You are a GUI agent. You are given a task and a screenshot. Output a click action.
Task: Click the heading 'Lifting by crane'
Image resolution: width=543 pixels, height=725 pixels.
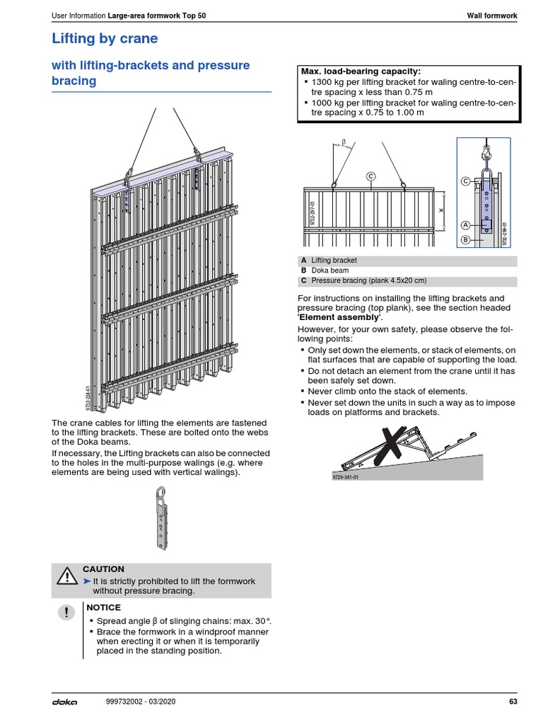pos(105,38)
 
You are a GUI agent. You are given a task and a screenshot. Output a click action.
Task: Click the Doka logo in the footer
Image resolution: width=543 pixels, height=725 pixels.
pos(64,702)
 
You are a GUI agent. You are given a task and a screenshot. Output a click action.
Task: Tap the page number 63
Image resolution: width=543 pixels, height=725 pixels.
pos(513,702)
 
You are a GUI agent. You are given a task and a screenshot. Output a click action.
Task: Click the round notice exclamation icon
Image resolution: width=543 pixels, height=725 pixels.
pos(66,614)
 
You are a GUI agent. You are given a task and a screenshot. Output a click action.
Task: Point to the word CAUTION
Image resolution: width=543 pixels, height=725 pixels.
pos(103,569)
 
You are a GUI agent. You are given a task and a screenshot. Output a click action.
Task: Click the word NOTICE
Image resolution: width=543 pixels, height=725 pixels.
pos(103,607)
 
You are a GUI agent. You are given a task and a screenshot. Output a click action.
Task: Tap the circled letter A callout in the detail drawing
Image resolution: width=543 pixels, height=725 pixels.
pos(465,225)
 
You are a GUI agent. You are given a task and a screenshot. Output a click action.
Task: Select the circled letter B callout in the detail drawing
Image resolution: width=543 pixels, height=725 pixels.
pos(465,239)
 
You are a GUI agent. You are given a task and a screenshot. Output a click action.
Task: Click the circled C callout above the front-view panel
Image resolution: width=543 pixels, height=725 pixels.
pos(370,175)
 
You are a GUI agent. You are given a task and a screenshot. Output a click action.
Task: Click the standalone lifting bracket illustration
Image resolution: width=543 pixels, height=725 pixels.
pos(161,515)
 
